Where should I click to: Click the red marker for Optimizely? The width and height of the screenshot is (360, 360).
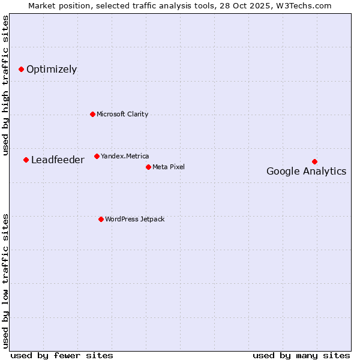(x=21, y=70)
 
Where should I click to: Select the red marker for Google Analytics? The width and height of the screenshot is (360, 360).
(x=314, y=161)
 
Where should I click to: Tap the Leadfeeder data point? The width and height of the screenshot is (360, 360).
(x=26, y=160)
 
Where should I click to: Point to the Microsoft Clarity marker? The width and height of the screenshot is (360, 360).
(x=92, y=114)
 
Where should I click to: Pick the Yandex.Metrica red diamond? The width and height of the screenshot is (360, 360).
(x=97, y=156)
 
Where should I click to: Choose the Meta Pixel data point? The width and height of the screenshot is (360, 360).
(x=148, y=167)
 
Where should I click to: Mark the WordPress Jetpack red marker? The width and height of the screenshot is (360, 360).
(x=101, y=219)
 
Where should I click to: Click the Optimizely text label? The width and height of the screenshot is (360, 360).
(x=52, y=70)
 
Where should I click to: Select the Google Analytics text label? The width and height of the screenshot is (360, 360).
(x=306, y=172)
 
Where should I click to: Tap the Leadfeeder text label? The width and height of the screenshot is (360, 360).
(x=58, y=160)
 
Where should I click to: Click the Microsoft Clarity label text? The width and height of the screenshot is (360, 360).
(x=122, y=114)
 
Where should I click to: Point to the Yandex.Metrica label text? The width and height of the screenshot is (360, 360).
(x=125, y=156)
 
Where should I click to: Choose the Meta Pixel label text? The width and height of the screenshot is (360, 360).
(x=169, y=167)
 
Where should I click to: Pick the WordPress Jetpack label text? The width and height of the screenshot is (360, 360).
(x=134, y=219)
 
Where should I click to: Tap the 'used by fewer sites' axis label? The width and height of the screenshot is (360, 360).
(x=62, y=355)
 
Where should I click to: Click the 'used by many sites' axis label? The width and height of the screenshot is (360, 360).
(x=301, y=355)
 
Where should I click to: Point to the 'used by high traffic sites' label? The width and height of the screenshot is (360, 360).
(x=5, y=85)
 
